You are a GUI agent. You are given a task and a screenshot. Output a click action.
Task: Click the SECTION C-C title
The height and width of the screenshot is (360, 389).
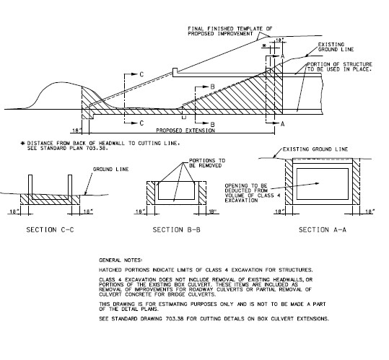pyautogui.click(x=50, y=230)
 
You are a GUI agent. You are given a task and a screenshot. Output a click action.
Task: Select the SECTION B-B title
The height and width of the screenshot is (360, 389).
pyautogui.click(x=176, y=230)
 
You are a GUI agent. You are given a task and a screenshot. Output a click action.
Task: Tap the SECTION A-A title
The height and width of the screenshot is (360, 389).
pyautogui.click(x=323, y=230)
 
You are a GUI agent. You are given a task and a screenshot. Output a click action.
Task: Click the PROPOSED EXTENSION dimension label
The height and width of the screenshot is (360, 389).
pyautogui.click(x=185, y=131)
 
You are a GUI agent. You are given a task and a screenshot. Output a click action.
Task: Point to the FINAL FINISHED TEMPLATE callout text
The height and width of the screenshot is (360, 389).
pyautogui.click(x=230, y=31)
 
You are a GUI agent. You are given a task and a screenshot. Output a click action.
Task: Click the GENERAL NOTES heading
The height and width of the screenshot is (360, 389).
pyautogui.click(x=121, y=260)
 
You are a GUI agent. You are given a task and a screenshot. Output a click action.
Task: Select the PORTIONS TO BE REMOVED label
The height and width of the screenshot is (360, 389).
pyautogui.click(x=207, y=163)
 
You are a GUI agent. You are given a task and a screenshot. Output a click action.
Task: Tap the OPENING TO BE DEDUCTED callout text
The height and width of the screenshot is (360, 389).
pyautogui.click(x=253, y=193)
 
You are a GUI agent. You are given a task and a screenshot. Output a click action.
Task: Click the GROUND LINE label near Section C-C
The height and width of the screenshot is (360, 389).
pyautogui.click(x=110, y=170)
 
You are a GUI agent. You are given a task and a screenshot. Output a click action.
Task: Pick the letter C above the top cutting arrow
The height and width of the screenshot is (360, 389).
pyautogui.click(x=141, y=74)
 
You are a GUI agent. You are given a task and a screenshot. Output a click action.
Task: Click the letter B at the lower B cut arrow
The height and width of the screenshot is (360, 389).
pyautogui.click(x=213, y=124)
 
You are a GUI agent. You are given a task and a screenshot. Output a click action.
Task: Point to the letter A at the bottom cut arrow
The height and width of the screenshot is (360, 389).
pyautogui.click(x=283, y=124)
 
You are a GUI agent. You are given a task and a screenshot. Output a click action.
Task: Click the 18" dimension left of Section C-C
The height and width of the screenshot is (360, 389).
pyautogui.click(x=14, y=211)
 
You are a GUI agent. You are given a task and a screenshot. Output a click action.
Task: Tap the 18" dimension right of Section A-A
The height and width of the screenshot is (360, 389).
pyautogui.click(x=370, y=211)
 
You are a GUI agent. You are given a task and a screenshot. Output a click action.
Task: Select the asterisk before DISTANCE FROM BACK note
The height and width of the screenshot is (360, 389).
pyautogui.click(x=23, y=144)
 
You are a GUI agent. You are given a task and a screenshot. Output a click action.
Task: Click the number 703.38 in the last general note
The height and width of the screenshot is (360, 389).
pyautogui.click(x=175, y=319)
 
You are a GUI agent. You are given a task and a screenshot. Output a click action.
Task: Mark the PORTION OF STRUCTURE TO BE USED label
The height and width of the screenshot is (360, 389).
pyautogui.click(x=340, y=67)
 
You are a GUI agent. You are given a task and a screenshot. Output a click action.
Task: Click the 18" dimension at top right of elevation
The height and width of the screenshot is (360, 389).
pyautogui.click(x=279, y=40)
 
